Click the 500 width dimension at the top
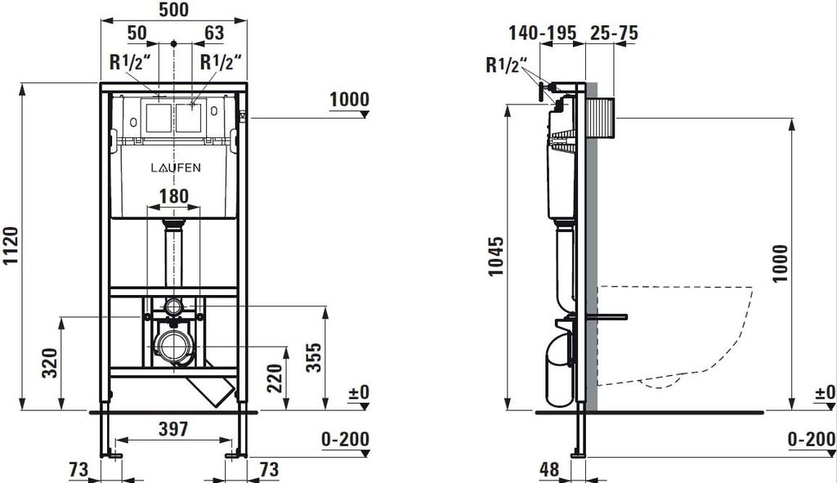tap(174, 10)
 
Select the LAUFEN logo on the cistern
tap(176, 168)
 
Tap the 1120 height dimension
tap(11, 245)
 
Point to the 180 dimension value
tap(174, 196)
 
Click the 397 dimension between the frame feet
tap(173, 428)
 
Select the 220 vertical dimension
tap(275, 378)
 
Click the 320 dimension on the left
tap(50, 363)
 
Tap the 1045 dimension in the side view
tap(496, 256)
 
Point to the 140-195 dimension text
tap(543, 33)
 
